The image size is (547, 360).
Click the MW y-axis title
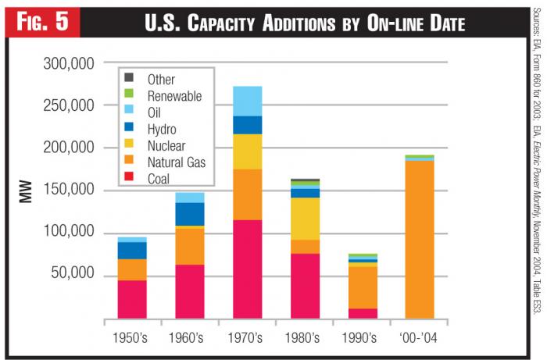point(26,192)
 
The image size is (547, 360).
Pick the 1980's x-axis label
point(304,338)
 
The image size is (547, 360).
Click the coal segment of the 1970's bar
point(247,269)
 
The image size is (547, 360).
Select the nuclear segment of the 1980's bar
point(304,219)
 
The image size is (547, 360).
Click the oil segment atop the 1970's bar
point(247,101)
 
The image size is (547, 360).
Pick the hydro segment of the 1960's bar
point(190,214)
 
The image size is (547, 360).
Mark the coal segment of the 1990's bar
point(362,313)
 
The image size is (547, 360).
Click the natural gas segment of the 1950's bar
point(132,269)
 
